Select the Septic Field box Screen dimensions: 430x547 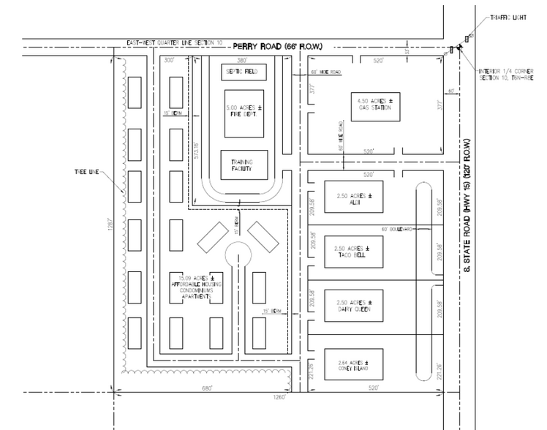[244, 72]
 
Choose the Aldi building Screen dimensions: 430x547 [354, 198]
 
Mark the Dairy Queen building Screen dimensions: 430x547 [354, 306]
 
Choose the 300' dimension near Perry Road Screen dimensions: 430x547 [170, 60]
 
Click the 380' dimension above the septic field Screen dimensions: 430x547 [243, 60]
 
